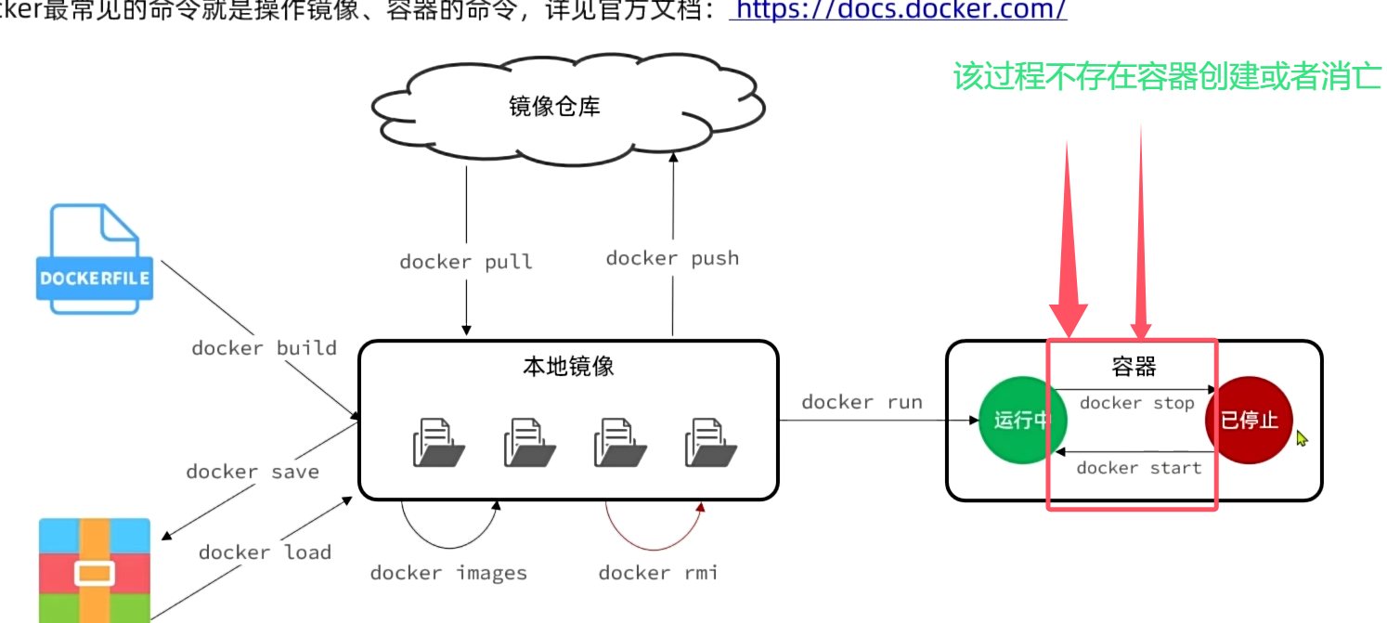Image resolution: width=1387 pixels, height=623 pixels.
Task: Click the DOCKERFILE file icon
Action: [95, 260]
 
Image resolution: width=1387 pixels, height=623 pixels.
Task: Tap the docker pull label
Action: [466, 262]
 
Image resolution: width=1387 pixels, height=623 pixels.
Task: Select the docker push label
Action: [672, 258]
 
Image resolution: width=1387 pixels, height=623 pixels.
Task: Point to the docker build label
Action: [264, 348]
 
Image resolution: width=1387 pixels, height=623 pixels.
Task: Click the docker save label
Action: [252, 472]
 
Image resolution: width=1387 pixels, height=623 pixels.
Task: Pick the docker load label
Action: [265, 552]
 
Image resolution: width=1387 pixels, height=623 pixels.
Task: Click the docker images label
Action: [448, 573]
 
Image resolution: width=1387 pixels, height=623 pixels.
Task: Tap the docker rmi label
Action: [657, 573]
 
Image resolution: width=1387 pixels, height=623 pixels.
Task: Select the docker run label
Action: [862, 402]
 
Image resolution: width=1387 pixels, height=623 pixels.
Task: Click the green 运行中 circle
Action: [1021, 421]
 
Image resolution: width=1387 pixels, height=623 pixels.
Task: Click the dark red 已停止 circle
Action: [1248, 421]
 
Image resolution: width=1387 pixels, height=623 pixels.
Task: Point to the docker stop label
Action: [1136, 403]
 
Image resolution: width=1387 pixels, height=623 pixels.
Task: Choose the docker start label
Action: [1138, 468]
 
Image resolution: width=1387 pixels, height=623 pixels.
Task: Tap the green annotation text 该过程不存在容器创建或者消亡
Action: [1166, 76]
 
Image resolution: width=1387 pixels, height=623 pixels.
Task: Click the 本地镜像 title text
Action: [568, 366]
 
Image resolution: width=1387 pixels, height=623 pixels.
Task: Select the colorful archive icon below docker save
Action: [94, 571]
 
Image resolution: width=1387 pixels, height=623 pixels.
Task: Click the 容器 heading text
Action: [1134, 367]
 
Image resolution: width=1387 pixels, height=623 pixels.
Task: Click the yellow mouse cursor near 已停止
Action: [1302, 437]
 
